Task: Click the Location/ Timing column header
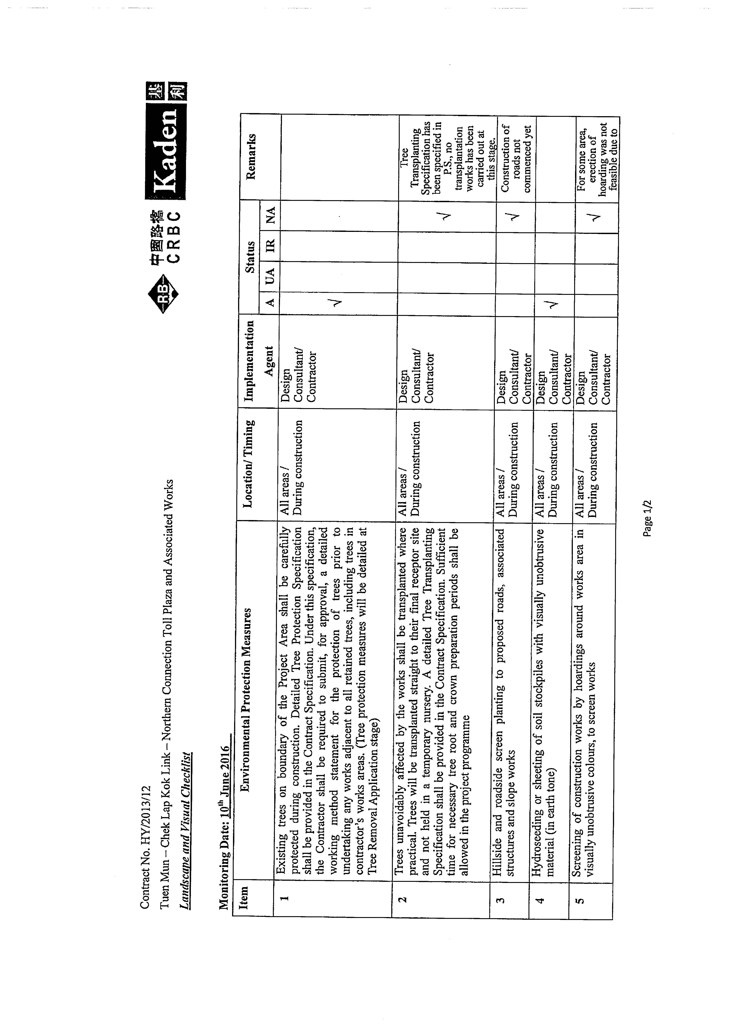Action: point(249,464)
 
